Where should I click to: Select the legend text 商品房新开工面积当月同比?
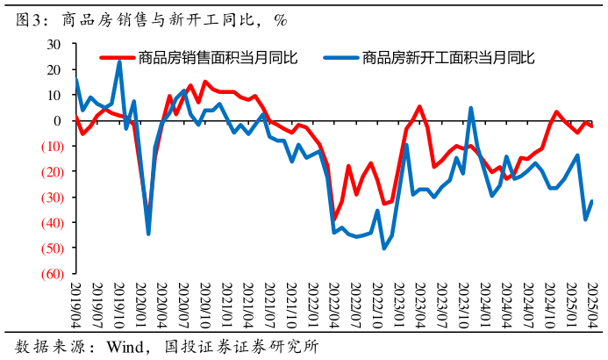click(447, 58)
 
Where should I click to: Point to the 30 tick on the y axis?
click(54, 44)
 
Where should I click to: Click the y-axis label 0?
click(57, 120)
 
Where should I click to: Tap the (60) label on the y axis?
click(49, 274)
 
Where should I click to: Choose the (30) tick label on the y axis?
click(49, 198)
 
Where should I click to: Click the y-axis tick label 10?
click(54, 95)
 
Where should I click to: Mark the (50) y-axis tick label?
click(49, 248)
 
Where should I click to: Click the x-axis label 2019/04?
click(75, 303)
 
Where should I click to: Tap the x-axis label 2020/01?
click(139, 303)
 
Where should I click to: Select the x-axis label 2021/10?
click(290, 303)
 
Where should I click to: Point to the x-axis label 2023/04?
click(419, 303)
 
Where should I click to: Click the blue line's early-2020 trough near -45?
click(148, 234)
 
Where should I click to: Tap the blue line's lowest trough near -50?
click(384, 248)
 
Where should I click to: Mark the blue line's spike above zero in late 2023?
click(471, 108)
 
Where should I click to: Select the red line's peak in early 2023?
click(419, 107)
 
